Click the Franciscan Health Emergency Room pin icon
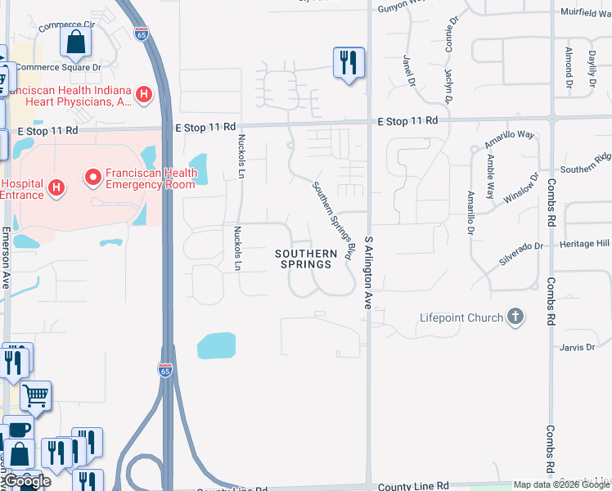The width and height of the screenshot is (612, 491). pos(93,176)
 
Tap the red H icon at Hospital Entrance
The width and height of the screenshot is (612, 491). pos(56,189)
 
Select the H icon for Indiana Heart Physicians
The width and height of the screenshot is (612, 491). pos(144,95)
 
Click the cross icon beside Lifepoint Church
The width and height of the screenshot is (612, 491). pos(515,317)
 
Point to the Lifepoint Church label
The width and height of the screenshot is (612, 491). pos(461,318)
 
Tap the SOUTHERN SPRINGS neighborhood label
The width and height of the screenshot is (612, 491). pos(306,259)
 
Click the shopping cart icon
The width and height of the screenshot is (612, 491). pos(35,396)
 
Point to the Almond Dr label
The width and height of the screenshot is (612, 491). pos(568,67)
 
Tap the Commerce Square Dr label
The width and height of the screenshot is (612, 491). pos(59,67)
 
